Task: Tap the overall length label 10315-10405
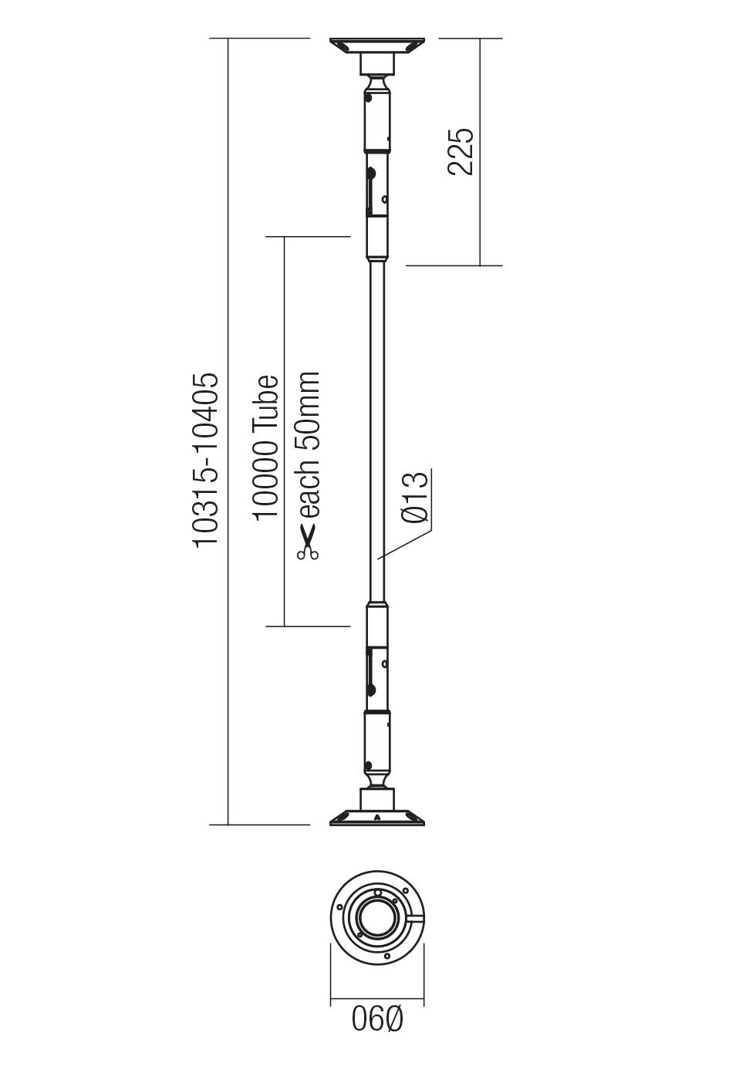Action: [206, 461]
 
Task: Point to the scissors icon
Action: [307, 542]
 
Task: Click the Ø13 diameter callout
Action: [414, 497]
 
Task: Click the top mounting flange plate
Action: [377, 46]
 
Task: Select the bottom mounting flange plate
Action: [377, 818]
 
